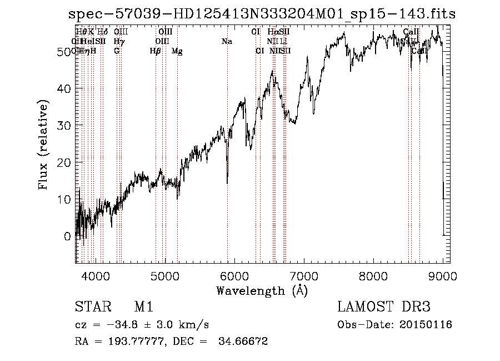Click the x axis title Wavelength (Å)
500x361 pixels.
[x=262, y=290]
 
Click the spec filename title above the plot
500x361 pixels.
[x=262, y=14]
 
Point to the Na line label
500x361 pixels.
[x=227, y=41]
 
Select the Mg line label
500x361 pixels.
[x=177, y=51]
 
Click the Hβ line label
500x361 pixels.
[x=156, y=51]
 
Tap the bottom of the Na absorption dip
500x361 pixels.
[x=227, y=182]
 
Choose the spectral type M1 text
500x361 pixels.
[x=143, y=307]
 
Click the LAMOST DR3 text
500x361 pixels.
[x=383, y=307]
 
